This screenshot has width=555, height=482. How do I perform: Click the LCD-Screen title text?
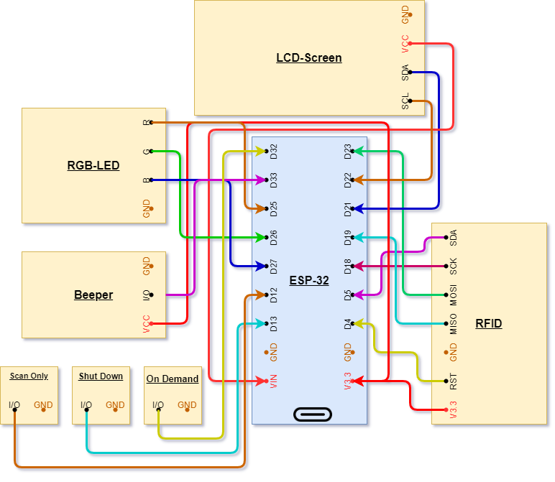click(x=308, y=57)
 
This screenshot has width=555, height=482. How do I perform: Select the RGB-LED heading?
click(x=93, y=165)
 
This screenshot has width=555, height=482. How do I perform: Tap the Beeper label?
click(x=93, y=295)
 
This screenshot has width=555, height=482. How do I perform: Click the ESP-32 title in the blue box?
click(x=308, y=280)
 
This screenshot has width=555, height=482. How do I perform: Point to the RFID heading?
click(x=488, y=323)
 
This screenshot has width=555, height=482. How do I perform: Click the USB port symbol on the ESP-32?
click(x=313, y=414)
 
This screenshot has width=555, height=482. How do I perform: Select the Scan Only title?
click(x=29, y=376)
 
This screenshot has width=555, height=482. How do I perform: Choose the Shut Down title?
click(x=101, y=376)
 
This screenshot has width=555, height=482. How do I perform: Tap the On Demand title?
click(x=173, y=379)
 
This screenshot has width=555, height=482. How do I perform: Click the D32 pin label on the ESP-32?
click(x=274, y=152)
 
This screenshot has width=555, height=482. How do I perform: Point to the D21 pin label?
click(x=348, y=209)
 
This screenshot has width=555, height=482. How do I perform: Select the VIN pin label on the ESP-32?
click(x=274, y=380)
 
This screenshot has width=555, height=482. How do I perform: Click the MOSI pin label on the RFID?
click(x=454, y=295)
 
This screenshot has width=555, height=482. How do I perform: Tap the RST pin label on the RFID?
click(x=454, y=381)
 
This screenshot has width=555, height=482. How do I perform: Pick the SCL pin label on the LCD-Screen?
click(x=405, y=101)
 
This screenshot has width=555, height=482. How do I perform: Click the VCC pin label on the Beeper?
click(x=147, y=324)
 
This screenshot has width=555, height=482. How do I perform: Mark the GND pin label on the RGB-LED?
click(x=147, y=209)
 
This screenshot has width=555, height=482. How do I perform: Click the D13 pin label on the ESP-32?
click(x=274, y=324)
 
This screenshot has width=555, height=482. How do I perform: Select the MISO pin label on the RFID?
click(x=454, y=324)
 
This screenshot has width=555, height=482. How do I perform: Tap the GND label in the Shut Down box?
click(x=115, y=405)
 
